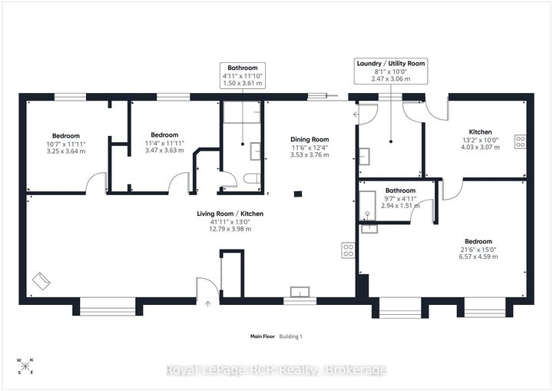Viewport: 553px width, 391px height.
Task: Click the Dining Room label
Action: (x=310, y=139)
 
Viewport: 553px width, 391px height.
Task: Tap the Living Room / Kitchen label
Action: (x=230, y=214)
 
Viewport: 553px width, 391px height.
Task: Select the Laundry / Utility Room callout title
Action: (x=391, y=64)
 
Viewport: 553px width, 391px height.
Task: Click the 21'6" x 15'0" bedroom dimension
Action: (x=478, y=249)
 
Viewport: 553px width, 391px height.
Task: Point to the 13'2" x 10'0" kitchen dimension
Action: (x=480, y=140)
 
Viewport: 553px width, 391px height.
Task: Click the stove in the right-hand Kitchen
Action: (x=521, y=141)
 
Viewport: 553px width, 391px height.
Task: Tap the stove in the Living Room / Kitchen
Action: (x=349, y=250)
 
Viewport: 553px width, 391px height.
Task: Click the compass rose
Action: (x=25, y=366)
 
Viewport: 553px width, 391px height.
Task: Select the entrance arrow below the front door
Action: (x=207, y=303)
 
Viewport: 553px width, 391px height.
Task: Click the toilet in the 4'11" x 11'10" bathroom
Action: (x=252, y=178)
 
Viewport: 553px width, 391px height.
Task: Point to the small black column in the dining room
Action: (x=298, y=194)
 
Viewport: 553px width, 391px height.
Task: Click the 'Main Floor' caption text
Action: (x=263, y=336)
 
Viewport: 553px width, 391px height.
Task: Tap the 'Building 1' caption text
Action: (x=290, y=336)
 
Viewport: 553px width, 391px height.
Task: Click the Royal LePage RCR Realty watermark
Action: (x=276, y=370)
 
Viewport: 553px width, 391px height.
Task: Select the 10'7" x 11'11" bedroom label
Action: (x=66, y=136)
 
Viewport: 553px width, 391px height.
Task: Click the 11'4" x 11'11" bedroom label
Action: (x=164, y=134)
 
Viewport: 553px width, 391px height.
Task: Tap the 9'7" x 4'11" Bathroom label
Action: (x=400, y=191)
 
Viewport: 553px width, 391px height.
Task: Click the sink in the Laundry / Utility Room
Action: (x=364, y=157)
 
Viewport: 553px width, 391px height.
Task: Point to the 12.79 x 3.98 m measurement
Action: (x=230, y=229)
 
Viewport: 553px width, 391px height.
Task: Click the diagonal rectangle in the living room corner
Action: (x=41, y=281)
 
